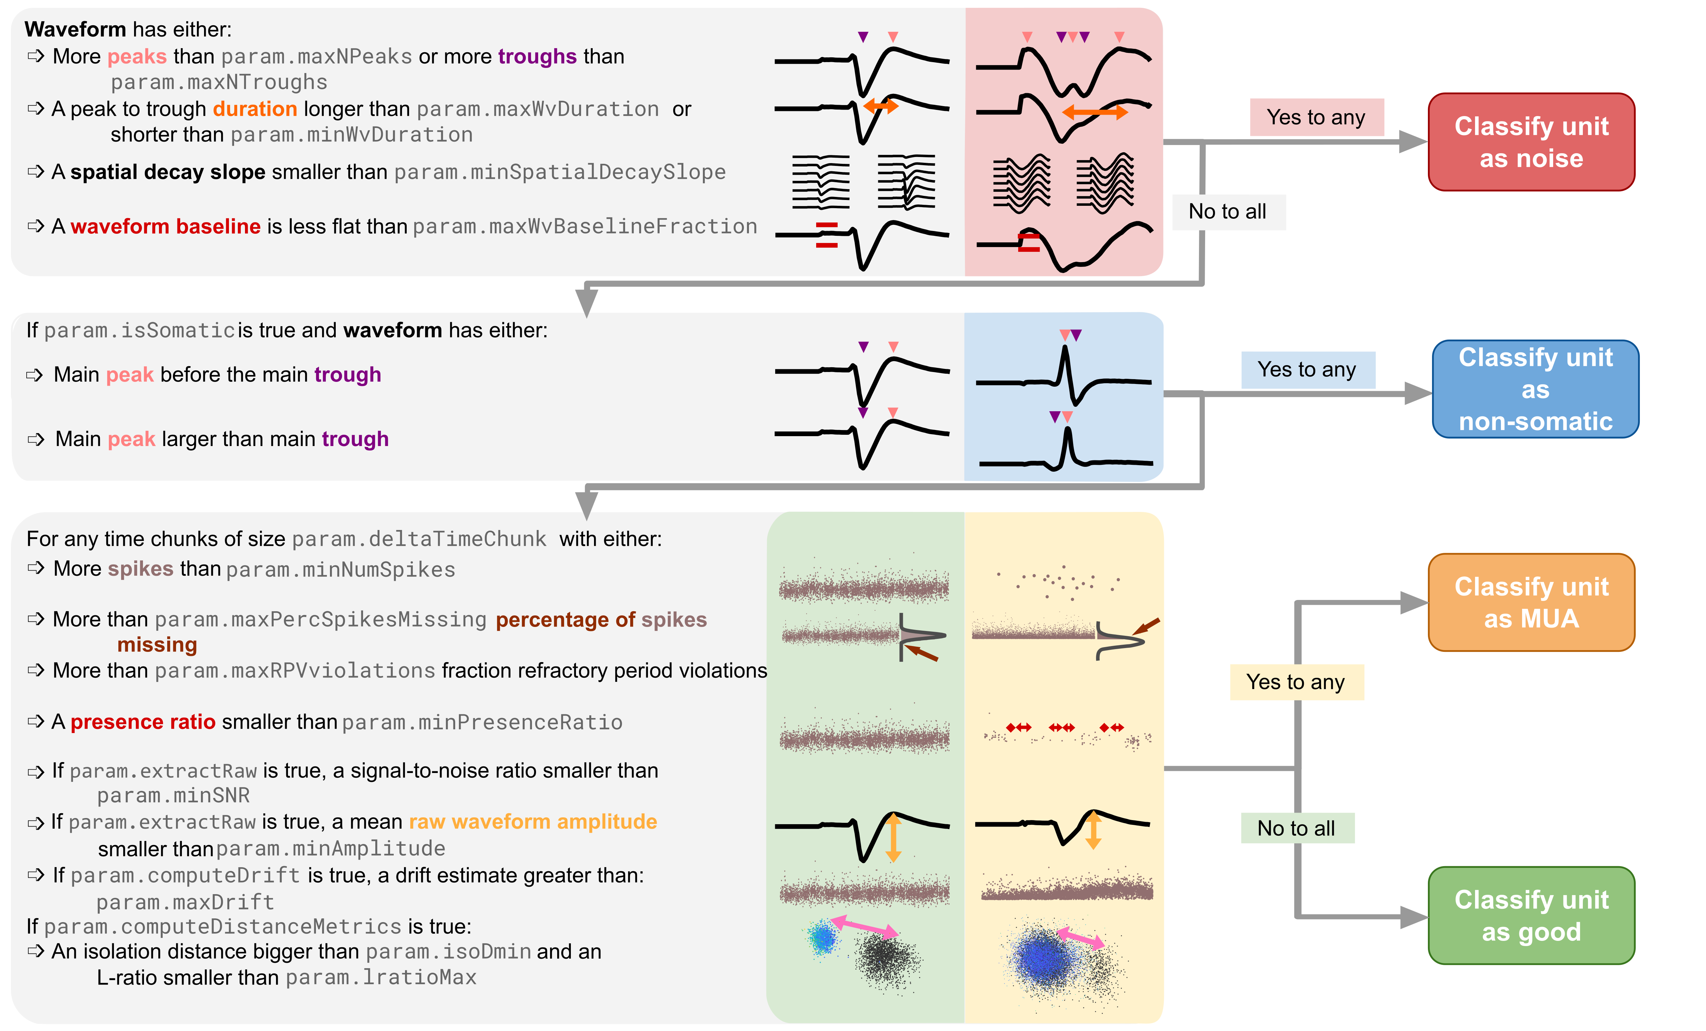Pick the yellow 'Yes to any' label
pyautogui.click(x=1296, y=682)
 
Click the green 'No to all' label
pyautogui.click(x=1296, y=828)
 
